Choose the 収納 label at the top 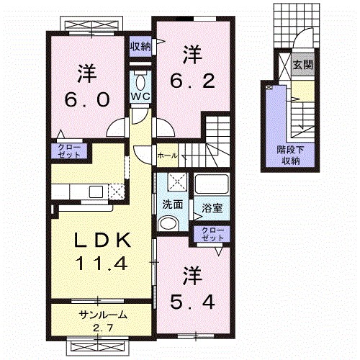pyautogui.click(x=140, y=47)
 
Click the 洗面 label pyautogui.click(x=172, y=204)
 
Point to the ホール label pyautogui.click(x=167, y=153)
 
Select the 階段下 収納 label pyautogui.click(x=289, y=154)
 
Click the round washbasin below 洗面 pyautogui.click(x=168, y=225)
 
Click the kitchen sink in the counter pyautogui.click(x=94, y=192)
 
